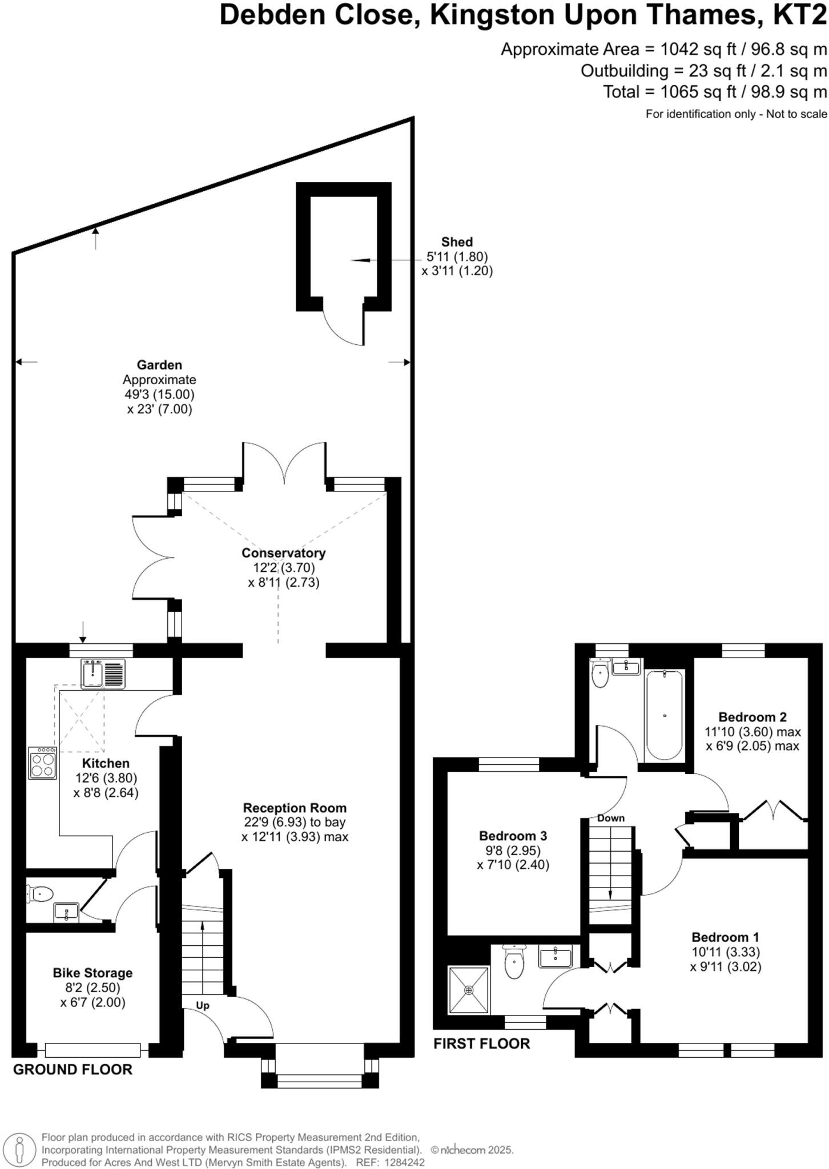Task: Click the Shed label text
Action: pos(457,241)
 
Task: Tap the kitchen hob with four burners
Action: pos(43,763)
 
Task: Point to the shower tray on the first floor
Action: pos(469,990)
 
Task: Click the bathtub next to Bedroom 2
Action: pos(664,715)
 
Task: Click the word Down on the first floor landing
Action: pos(611,818)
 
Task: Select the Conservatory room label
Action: pos(283,553)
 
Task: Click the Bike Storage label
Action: pos(92,973)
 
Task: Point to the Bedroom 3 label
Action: pos(513,836)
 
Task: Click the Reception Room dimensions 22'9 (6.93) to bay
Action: pos(294,823)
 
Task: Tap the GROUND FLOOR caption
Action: pos(73,1069)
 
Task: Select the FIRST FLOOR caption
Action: pos(481,1043)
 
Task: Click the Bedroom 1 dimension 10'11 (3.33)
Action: pos(725,952)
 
